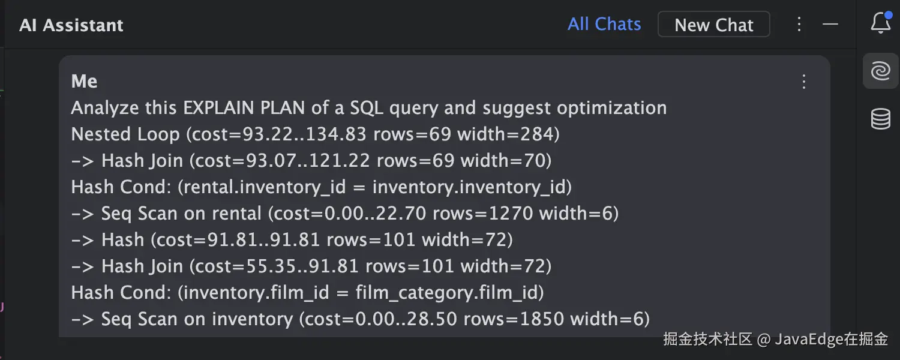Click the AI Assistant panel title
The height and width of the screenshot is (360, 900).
(x=71, y=25)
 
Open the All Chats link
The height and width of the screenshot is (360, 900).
(x=604, y=24)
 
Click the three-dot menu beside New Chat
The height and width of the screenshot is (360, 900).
(x=799, y=24)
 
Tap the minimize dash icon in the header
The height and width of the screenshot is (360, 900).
(x=830, y=24)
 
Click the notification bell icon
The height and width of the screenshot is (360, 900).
(x=880, y=23)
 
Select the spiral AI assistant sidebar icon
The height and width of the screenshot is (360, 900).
(x=880, y=71)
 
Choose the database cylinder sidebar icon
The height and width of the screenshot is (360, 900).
(x=880, y=119)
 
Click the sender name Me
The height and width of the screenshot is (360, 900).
(x=84, y=82)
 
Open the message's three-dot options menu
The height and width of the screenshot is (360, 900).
(x=804, y=82)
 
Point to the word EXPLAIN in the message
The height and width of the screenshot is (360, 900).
(x=220, y=108)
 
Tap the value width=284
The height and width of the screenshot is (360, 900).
(x=508, y=134)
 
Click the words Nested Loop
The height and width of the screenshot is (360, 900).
(x=125, y=134)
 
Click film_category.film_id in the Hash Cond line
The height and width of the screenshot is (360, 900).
(x=449, y=293)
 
